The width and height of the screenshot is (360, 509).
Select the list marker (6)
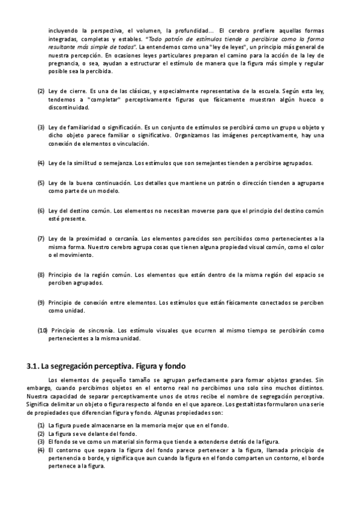click(41, 211)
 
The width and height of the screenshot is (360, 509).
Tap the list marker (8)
click(41, 274)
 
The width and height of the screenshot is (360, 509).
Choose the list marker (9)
click(41, 303)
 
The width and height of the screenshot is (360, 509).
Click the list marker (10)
click(43, 330)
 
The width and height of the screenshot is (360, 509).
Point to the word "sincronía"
click(100, 330)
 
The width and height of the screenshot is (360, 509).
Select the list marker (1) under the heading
click(41, 425)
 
